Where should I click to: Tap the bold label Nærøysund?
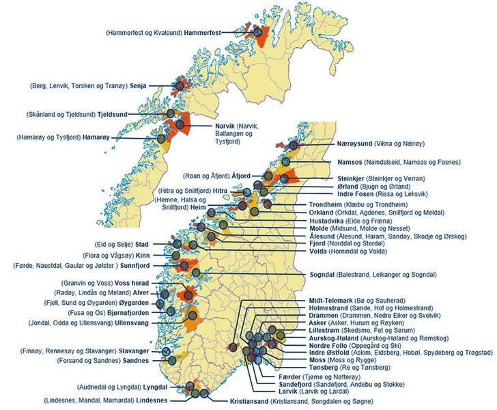354,144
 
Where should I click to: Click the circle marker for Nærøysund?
294,145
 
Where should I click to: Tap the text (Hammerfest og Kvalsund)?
144,33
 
